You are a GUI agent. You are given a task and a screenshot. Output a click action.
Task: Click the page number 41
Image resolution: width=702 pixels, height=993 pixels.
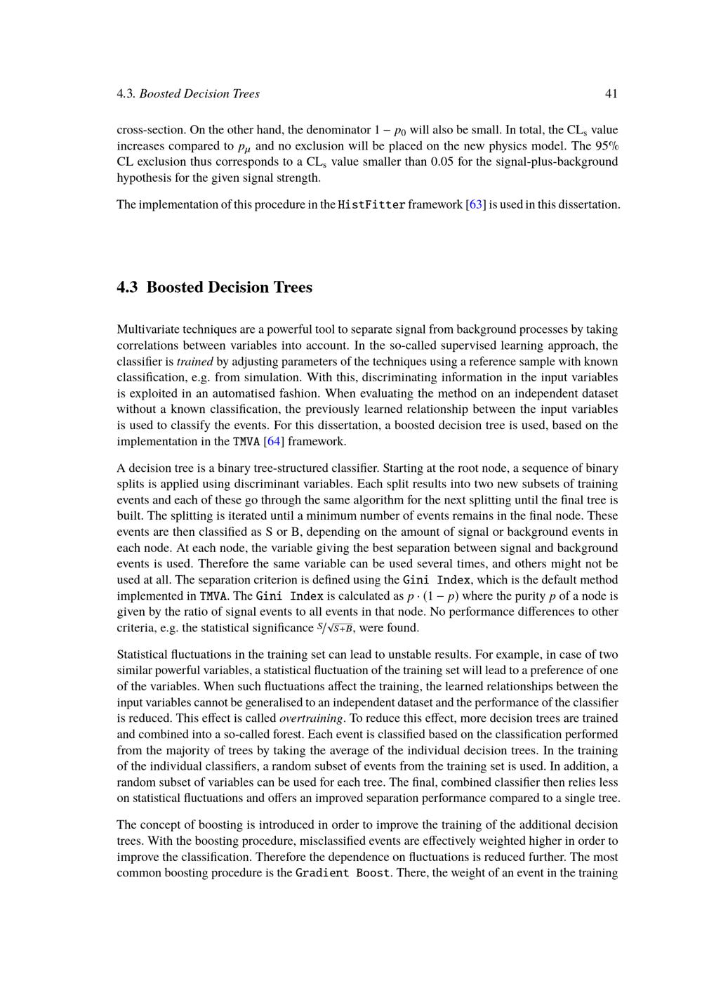coord(611,93)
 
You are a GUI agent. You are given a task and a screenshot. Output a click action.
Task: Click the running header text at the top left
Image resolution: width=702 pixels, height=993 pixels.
coord(188,93)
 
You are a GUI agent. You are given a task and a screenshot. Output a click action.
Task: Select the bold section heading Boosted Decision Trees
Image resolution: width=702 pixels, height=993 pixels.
coord(215,287)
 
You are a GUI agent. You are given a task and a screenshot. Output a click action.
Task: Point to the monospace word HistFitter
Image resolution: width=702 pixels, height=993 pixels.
coord(371,205)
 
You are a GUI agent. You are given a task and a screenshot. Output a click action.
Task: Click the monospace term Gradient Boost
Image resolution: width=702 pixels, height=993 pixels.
coord(343,874)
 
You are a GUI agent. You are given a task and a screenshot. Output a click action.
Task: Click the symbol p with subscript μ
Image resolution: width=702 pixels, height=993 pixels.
coord(244,147)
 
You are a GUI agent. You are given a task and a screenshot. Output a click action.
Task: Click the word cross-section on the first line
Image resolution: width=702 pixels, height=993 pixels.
coord(150,130)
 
